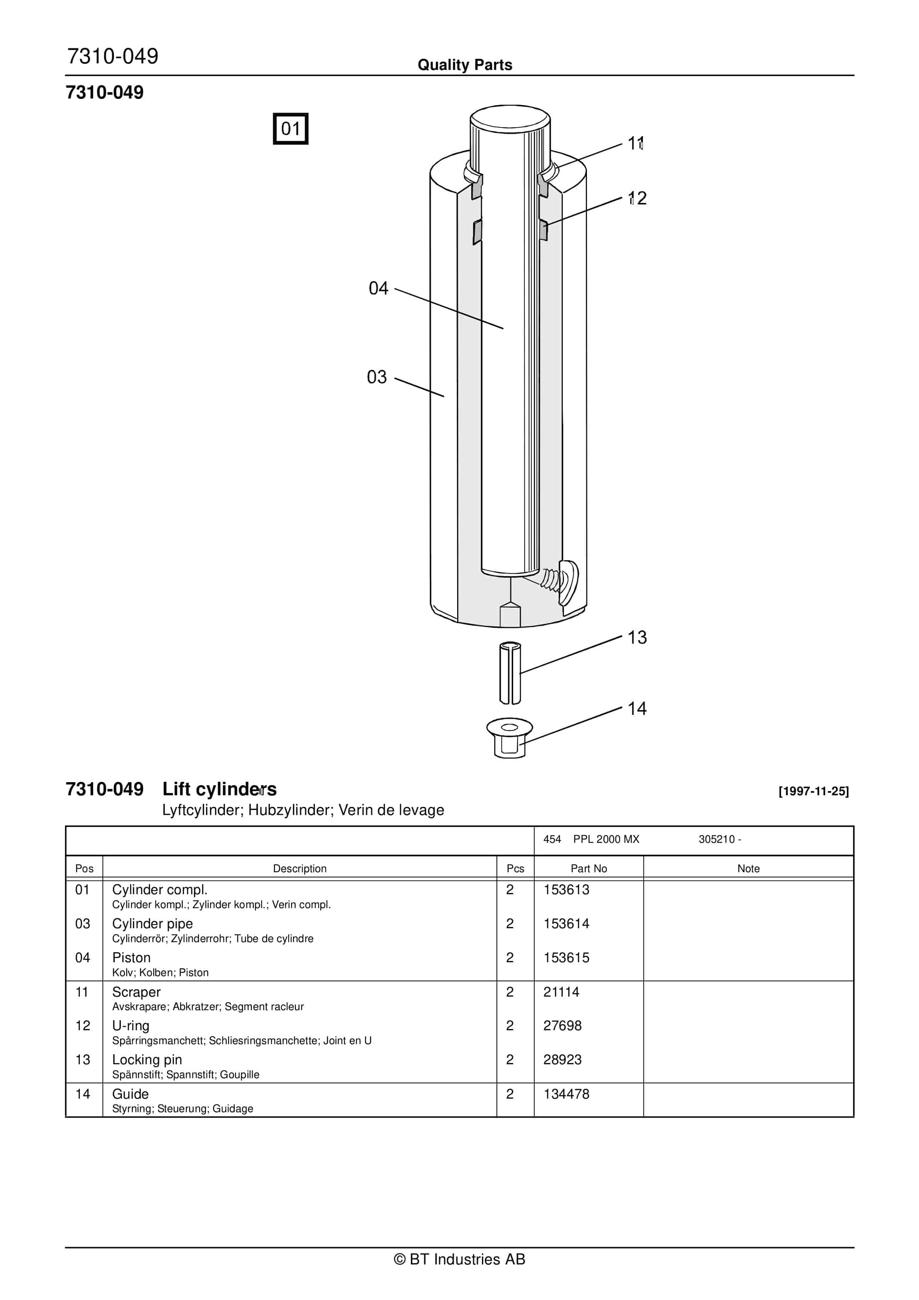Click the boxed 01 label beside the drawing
(x=290, y=129)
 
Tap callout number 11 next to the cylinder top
(x=636, y=143)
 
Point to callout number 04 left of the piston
(x=378, y=288)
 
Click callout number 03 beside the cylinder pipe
(x=376, y=377)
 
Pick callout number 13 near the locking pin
(x=637, y=638)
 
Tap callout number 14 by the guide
(x=637, y=708)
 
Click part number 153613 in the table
(x=566, y=890)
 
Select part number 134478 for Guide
(x=566, y=1094)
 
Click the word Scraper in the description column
(x=136, y=992)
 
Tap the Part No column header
(x=588, y=869)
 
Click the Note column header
(x=748, y=869)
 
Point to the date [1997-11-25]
(x=813, y=791)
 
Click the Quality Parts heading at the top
(x=465, y=65)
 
